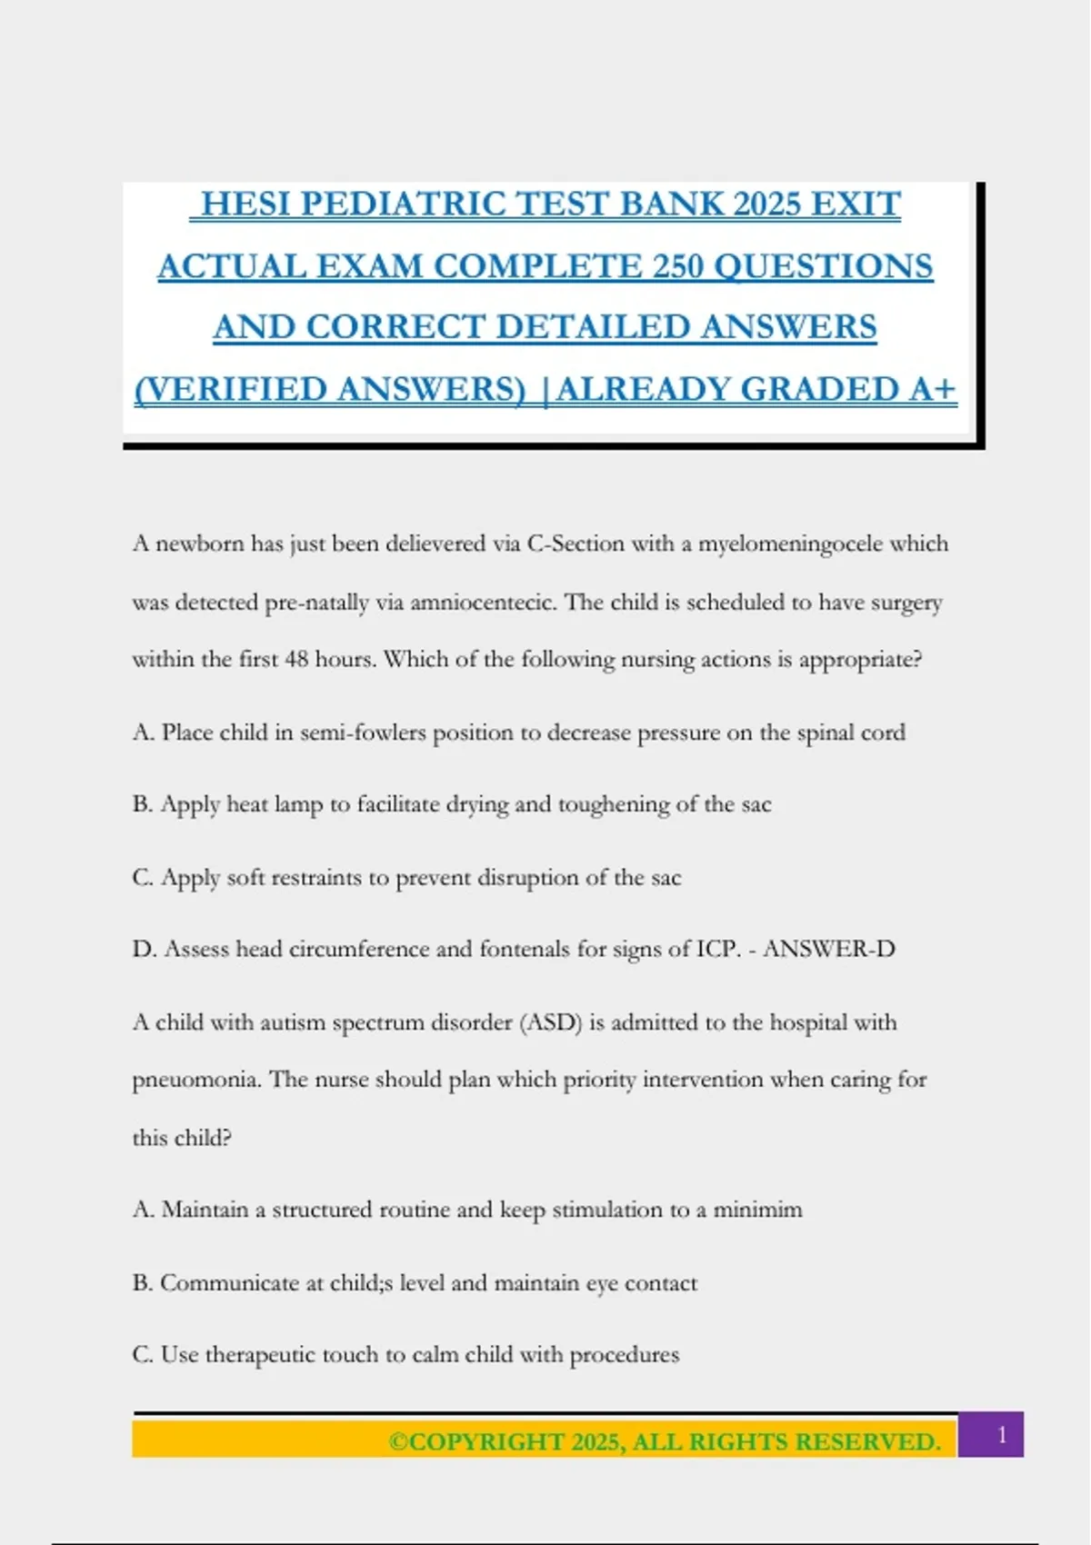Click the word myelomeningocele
tap(790, 543)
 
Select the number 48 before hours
tap(296, 659)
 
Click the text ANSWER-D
tap(828, 949)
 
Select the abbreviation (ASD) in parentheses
tap(550, 1022)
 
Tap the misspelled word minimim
tap(757, 1210)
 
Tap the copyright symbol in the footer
tap(398, 1442)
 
